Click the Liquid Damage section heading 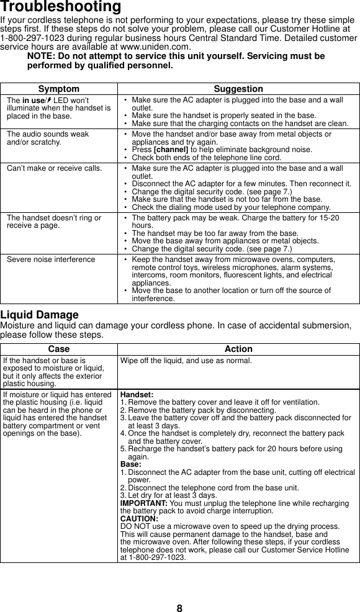(40, 315)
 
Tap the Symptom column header (58, 89)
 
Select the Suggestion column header (238, 89)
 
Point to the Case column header (58, 349)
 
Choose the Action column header (238, 349)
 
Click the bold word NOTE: (44, 56)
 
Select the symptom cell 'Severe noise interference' (51, 259)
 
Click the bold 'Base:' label (130, 464)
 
